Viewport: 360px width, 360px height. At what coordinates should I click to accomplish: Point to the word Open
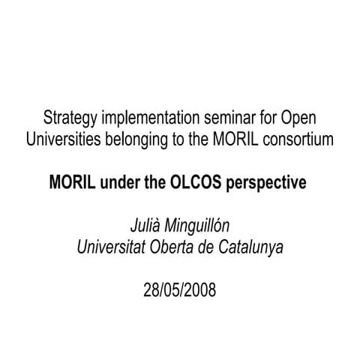pyautogui.click(x=298, y=118)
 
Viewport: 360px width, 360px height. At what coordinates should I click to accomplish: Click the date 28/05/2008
pyautogui.click(x=180, y=289)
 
